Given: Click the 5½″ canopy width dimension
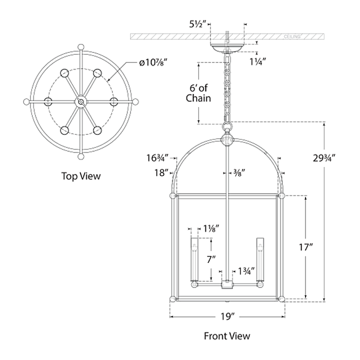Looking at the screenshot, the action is pyautogui.click(x=196, y=24).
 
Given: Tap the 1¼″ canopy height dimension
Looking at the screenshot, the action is pyautogui.click(x=258, y=61).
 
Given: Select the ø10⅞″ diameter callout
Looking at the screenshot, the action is pyautogui.click(x=153, y=62).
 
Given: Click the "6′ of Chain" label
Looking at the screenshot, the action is pyautogui.click(x=198, y=93).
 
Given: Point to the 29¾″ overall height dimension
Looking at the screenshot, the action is pyautogui.click(x=324, y=158).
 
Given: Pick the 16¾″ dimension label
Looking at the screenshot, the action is pyautogui.click(x=157, y=158).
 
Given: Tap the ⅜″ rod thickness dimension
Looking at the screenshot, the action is pyautogui.click(x=239, y=172).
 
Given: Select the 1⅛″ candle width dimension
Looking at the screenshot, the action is pyautogui.click(x=211, y=228).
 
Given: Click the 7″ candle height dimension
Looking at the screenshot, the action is pyautogui.click(x=211, y=259).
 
